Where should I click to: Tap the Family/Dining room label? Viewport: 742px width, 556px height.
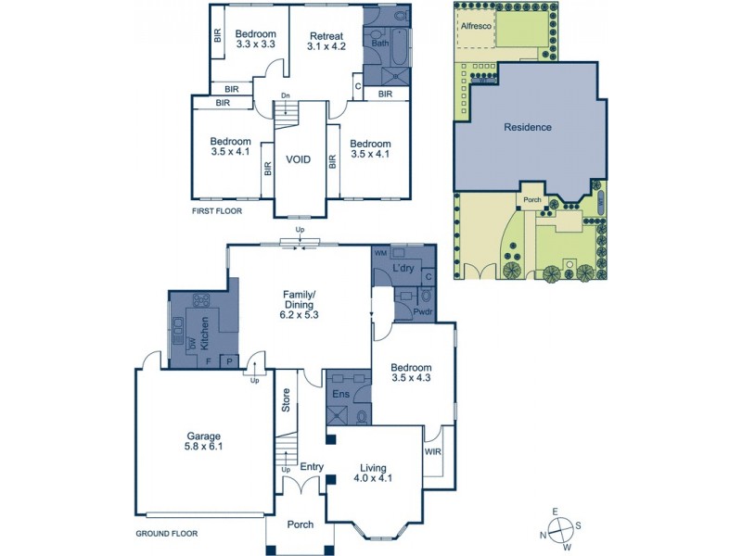click(x=298, y=304)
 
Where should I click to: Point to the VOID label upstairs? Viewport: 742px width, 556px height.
click(x=298, y=159)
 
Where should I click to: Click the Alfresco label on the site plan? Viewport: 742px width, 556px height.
click(x=477, y=27)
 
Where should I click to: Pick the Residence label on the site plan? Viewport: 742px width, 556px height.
click(x=527, y=127)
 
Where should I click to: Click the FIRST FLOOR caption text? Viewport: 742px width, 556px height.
click(x=216, y=211)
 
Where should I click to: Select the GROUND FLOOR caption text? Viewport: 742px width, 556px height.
click(x=166, y=534)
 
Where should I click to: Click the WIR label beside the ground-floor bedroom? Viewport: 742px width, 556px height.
click(x=433, y=451)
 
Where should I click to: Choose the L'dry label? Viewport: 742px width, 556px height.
click(x=402, y=269)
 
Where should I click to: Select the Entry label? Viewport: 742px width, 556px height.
click(x=311, y=466)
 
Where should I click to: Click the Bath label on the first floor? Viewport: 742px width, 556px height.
click(x=379, y=43)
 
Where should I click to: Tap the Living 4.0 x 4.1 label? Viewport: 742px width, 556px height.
click(x=374, y=474)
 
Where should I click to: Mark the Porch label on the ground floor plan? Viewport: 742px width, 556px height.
click(x=300, y=524)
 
